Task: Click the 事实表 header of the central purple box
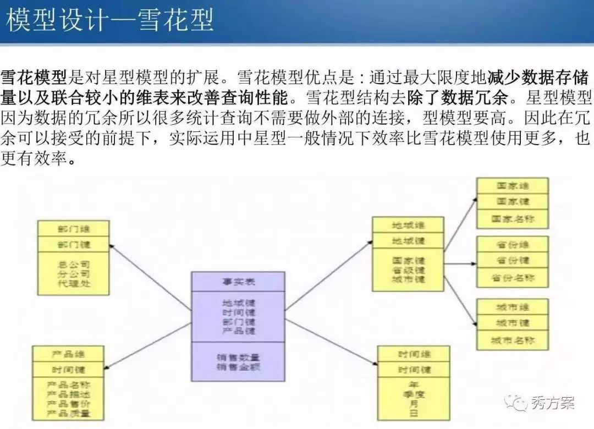(238, 282)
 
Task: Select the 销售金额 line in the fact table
(238, 366)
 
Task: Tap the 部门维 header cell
(73, 228)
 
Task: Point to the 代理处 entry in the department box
(73, 284)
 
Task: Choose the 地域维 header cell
(408, 224)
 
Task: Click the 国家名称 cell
(512, 218)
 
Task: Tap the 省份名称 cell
(512, 277)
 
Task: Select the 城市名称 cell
(512, 340)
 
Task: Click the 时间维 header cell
(414, 354)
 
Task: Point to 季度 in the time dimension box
(414, 394)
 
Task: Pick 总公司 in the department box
(73, 264)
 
